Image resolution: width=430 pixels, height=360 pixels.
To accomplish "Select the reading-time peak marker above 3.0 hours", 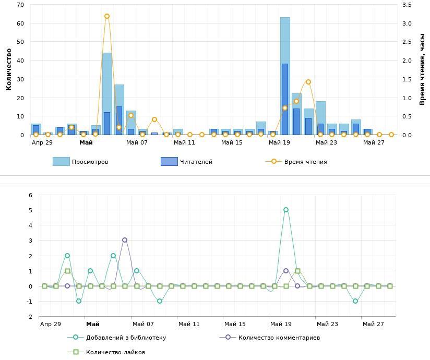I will coord(107,16).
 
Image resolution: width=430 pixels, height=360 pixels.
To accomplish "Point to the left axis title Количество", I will coord(9,69).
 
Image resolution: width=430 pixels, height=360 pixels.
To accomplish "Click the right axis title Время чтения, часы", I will coord(423,69).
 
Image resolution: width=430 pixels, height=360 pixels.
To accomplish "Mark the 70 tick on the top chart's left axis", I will coord(20,5).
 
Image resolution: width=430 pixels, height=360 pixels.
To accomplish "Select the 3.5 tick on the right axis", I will coord(407,5).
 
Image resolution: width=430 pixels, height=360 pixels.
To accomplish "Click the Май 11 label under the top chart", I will coord(184,142).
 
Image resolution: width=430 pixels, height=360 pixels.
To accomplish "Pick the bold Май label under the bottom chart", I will coord(93,324).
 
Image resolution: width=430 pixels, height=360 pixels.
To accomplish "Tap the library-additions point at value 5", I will coord(286,210).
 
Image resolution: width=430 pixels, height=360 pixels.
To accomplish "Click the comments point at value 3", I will coord(125,240).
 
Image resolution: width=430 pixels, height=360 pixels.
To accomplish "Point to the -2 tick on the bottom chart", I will coord(30,317).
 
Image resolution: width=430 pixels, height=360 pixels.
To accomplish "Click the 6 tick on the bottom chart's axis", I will coord(30,195).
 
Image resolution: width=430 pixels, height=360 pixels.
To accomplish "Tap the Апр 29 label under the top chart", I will coord(42,142).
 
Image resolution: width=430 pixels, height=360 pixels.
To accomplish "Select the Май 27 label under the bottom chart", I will coord(373,324).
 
